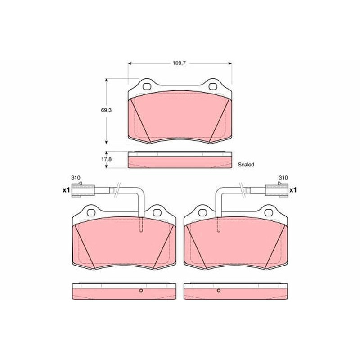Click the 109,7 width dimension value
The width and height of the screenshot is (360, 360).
(x=179, y=63)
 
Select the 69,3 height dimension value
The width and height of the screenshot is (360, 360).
(x=106, y=110)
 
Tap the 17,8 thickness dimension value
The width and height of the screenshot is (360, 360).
(x=106, y=159)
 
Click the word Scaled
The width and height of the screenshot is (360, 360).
(x=246, y=165)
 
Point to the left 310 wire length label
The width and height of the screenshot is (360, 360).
(x=76, y=178)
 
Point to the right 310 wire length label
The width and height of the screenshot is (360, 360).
(x=283, y=178)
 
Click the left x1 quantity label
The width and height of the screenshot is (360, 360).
(x=66, y=190)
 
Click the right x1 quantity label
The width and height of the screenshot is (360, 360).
(x=293, y=190)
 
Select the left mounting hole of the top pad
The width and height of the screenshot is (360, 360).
(x=147, y=86)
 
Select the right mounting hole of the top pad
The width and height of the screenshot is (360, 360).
(x=213, y=86)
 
